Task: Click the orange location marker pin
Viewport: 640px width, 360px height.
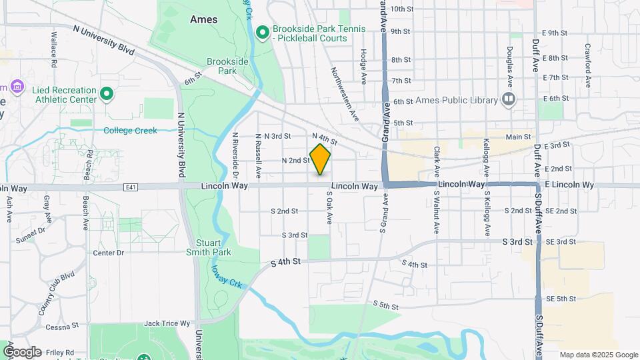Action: [320, 159]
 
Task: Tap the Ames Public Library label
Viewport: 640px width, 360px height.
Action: [457, 101]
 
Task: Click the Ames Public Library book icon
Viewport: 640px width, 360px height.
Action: [509, 100]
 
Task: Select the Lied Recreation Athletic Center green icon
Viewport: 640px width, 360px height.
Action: [106, 93]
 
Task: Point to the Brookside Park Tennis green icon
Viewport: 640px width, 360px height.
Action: [263, 30]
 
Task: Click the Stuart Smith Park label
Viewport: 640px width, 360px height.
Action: [214, 247]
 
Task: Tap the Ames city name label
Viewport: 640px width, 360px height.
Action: [203, 19]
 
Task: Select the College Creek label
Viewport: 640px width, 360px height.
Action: [131, 131]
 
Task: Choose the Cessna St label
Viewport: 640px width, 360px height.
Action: [62, 327]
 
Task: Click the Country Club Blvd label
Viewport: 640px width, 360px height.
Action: [56, 293]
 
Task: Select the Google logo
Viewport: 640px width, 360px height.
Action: [22, 351]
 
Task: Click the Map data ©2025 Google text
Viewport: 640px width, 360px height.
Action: [598, 355]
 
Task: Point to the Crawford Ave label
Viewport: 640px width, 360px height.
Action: [589, 66]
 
